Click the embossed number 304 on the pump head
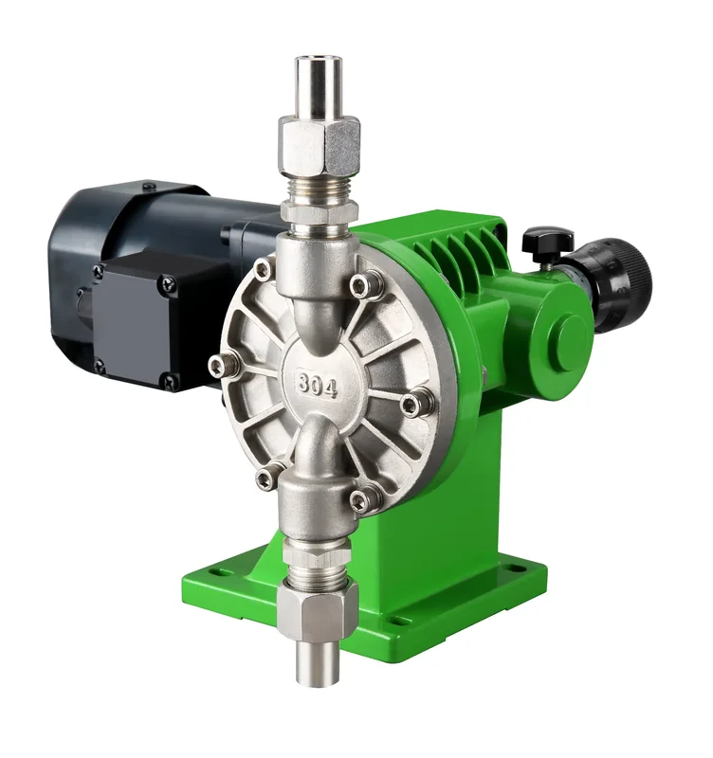(x=318, y=385)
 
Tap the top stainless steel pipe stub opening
(x=320, y=61)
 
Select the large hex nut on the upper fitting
(x=320, y=149)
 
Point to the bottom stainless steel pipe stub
(x=318, y=661)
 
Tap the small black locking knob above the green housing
(x=548, y=241)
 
